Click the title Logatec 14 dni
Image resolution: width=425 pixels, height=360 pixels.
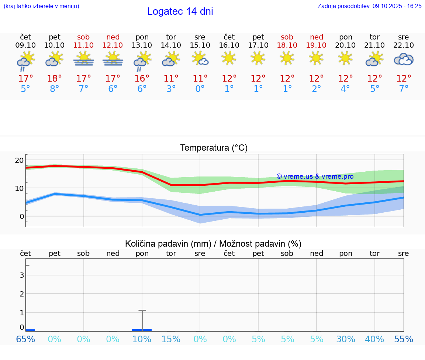tap(180, 11)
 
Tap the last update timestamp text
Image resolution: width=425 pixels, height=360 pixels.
tap(369, 6)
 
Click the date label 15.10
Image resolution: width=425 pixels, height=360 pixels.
tap(200, 45)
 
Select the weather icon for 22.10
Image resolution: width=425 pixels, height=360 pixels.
tap(404, 59)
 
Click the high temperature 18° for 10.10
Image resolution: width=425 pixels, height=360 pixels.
tap(55, 79)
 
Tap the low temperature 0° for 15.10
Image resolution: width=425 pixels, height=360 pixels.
tap(200, 89)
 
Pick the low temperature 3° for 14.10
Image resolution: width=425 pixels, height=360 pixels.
tap(171, 89)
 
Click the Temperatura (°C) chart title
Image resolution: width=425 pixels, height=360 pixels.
tap(214, 148)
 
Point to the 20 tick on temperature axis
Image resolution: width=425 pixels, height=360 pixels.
tap(20, 160)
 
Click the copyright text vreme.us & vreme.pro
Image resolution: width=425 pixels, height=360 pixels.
tap(315, 176)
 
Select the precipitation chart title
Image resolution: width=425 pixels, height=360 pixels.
tap(213, 244)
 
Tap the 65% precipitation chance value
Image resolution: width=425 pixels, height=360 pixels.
tap(25, 339)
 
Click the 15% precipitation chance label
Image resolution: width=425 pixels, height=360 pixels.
tap(171, 339)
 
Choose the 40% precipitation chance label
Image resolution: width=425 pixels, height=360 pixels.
tap(374, 339)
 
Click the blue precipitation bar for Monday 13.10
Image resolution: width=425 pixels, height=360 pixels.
tap(142, 330)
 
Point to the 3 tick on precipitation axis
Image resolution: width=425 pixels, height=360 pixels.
tap(22, 275)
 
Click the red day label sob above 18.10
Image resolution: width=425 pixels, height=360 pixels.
tap(287, 37)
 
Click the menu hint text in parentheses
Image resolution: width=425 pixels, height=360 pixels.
tap(41, 6)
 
